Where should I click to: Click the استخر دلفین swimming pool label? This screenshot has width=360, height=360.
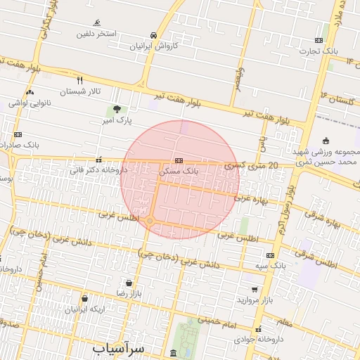[x=97, y=34]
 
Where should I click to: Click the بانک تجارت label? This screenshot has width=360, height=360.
[x=320, y=51]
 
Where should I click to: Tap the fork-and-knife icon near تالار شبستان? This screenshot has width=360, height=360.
[x=80, y=80]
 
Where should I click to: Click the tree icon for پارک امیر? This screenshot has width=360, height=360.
[x=117, y=109]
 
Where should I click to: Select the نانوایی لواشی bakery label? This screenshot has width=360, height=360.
[x=30, y=103]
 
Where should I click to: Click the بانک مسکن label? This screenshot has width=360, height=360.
[x=179, y=171]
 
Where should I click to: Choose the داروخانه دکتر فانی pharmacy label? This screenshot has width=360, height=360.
[x=98, y=169]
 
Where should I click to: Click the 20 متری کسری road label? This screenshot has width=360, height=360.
[x=252, y=165]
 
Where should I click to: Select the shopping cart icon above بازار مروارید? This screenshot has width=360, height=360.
[x=254, y=289]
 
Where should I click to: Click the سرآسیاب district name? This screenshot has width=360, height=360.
[x=118, y=348]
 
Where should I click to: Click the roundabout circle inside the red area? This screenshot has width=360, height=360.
[x=150, y=221]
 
